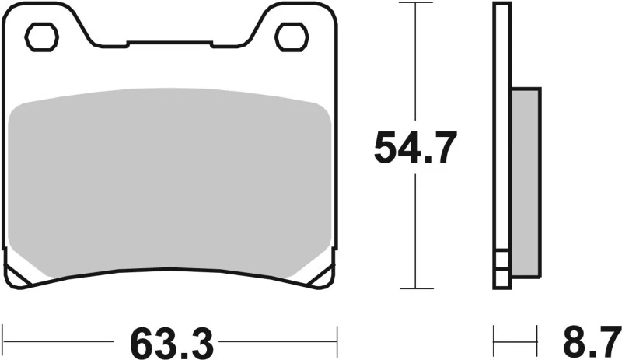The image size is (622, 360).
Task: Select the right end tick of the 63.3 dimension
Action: point(336,341)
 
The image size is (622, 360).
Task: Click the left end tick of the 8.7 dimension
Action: point(495,341)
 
